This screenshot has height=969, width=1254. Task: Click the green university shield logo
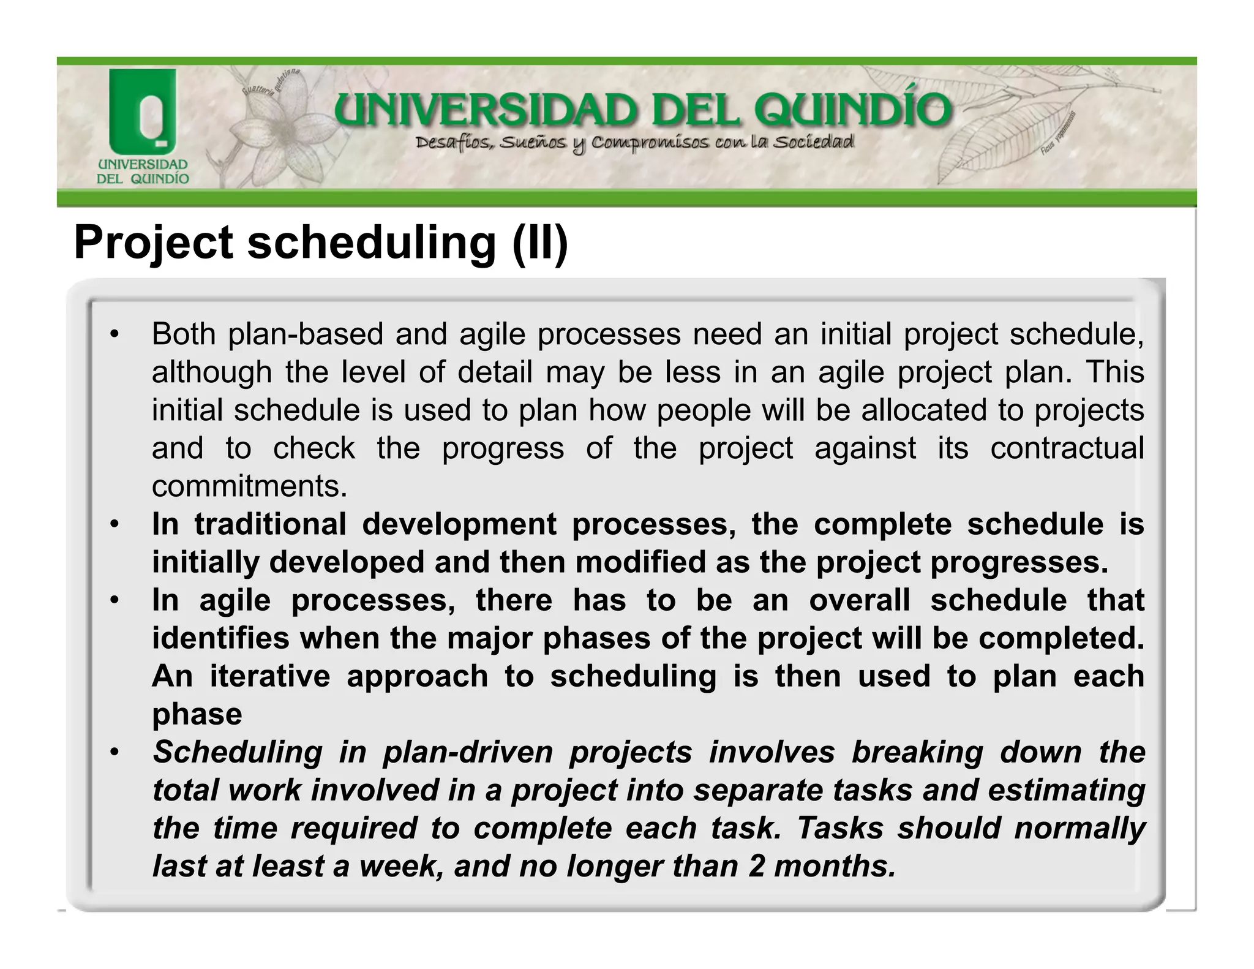pyautogui.click(x=142, y=113)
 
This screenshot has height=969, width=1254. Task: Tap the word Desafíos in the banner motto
pyautogui.click(x=452, y=143)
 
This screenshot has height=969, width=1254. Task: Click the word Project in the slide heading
pyautogui.click(x=153, y=243)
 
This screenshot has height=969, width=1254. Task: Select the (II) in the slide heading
pyautogui.click(x=540, y=243)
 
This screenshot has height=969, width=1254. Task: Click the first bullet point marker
pyautogui.click(x=113, y=334)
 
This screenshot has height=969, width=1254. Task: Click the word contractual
pyautogui.click(x=1067, y=448)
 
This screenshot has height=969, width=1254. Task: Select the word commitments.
pyautogui.click(x=249, y=486)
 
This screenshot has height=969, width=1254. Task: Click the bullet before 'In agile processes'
pyautogui.click(x=113, y=600)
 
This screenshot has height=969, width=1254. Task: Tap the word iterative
pyautogui.click(x=269, y=676)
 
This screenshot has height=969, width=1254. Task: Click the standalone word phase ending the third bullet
pyautogui.click(x=197, y=714)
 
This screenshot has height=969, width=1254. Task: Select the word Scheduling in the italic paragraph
pyautogui.click(x=238, y=752)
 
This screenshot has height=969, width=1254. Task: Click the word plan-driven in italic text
pyautogui.click(x=468, y=752)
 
